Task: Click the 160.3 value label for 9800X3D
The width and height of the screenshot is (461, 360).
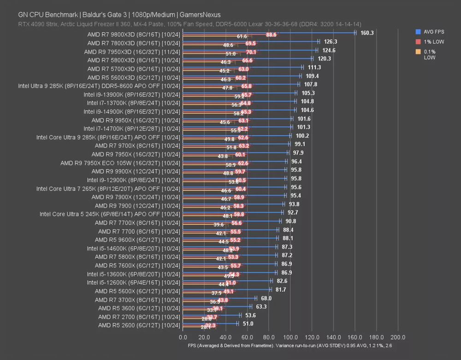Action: tap(367, 33)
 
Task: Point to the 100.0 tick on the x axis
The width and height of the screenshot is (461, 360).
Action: tap(290, 337)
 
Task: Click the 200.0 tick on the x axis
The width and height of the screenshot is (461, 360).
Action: tap(398, 337)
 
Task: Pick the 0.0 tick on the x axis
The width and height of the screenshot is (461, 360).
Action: tap(183, 337)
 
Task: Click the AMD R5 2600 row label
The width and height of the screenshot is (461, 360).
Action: tap(139, 325)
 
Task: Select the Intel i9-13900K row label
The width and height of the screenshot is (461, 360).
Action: tap(131, 94)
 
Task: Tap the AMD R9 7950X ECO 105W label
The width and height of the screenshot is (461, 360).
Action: tap(120, 163)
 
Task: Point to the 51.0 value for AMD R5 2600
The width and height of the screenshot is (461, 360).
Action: tap(248, 324)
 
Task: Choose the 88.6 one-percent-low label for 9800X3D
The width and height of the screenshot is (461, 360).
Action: tap(272, 35)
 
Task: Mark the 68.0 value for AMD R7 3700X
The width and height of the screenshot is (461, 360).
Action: tap(266, 298)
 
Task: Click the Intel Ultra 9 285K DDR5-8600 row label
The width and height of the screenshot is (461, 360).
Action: tap(99, 86)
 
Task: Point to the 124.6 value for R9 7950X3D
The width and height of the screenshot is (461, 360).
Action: tap(329, 50)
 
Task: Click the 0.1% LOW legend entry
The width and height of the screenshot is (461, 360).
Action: tap(429, 55)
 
